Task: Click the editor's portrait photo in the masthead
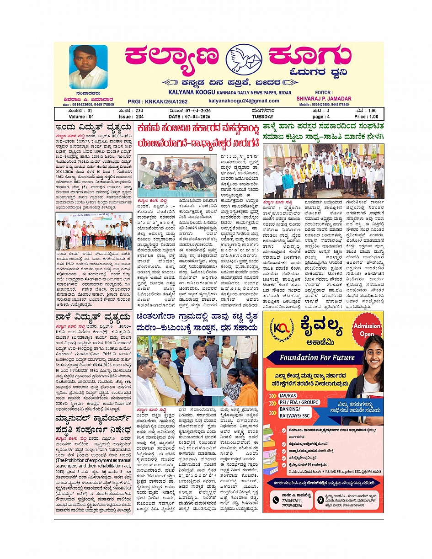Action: [88, 67]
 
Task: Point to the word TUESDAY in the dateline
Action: [261, 117]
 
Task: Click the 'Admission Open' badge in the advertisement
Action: [368, 330]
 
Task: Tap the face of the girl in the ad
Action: [369, 358]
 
